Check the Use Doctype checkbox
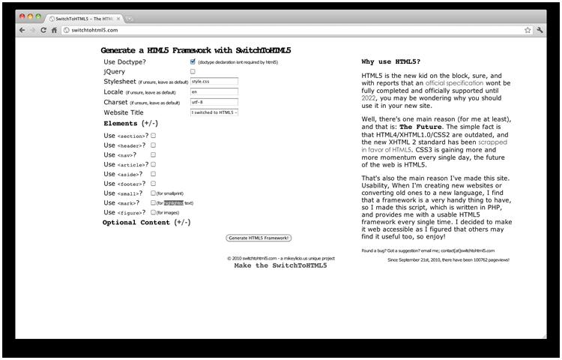tap(193, 61)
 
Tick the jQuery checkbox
tap(193, 71)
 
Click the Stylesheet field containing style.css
tap(214, 81)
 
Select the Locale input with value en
tap(214, 91)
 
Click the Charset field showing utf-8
tap(214, 102)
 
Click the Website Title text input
tap(214, 112)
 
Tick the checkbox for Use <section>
tap(154, 136)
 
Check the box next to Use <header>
tap(154, 145)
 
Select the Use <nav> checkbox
tap(154, 154)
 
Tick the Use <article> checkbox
tap(154, 164)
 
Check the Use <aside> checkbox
tap(154, 174)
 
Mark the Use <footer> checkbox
tap(154, 184)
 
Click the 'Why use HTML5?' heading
tap(390, 61)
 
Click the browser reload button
tap(43, 30)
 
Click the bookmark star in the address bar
tap(528, 30)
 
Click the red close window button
tap(22, 16)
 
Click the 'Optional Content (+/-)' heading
tap(146, 223)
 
